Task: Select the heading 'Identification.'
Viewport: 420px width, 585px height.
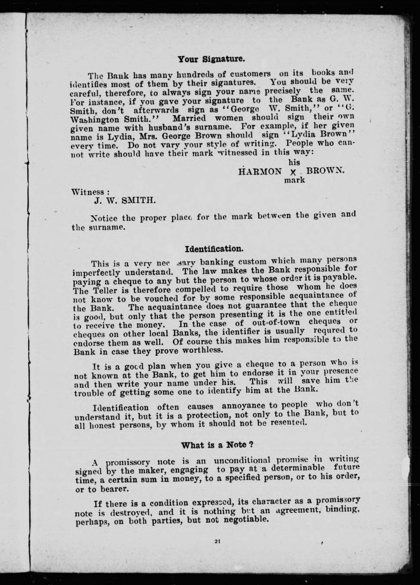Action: coord(214,249)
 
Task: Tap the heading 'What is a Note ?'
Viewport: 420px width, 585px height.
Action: coord(216,445)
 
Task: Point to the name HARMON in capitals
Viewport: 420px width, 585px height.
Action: coord(260,172)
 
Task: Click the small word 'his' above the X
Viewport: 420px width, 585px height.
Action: coord(294,162)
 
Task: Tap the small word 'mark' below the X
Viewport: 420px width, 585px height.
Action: coord(294,180)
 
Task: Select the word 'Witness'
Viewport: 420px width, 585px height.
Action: coord(88,192)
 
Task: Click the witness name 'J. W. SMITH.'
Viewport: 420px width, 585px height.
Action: coord(125,201)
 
